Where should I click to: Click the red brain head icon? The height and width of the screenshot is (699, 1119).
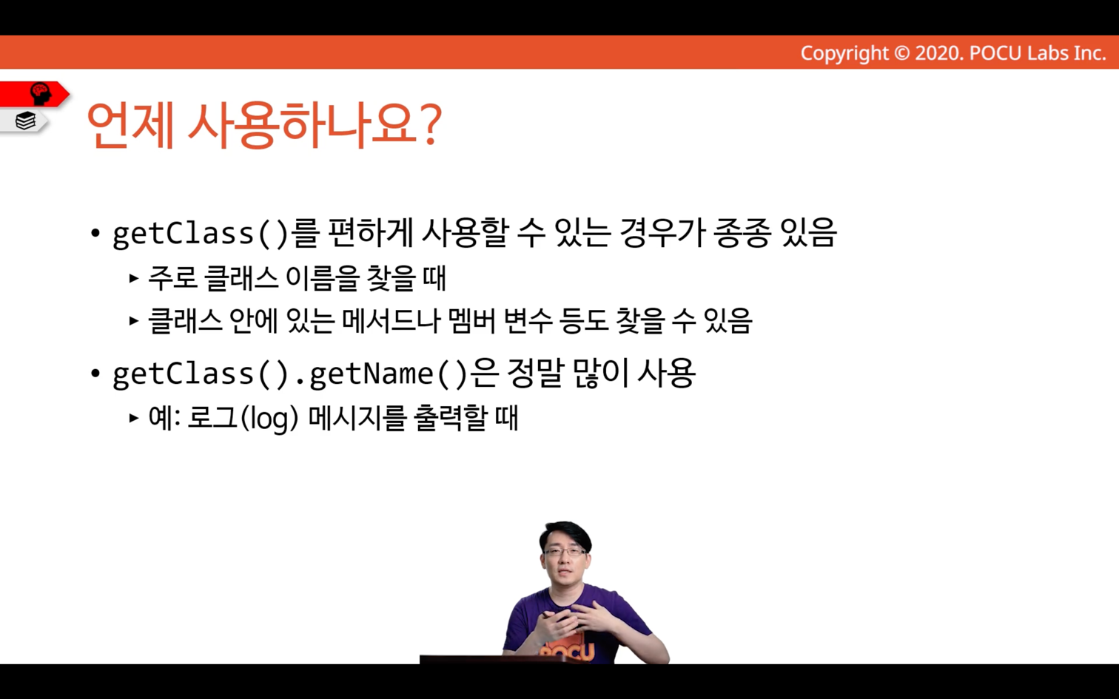point(41,94)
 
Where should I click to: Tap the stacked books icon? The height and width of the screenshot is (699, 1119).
point(25,121)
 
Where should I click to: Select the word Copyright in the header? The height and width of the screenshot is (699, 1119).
point(844,53)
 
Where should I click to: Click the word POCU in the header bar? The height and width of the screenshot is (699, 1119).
point(995,53)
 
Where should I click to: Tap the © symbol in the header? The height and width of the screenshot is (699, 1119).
point(901,53)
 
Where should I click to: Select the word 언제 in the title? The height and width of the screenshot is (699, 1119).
point(131,125)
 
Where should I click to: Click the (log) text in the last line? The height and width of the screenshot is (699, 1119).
point(269,418)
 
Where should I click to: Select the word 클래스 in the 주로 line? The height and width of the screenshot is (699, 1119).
point(241,278)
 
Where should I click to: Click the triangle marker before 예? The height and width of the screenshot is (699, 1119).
point(133,418)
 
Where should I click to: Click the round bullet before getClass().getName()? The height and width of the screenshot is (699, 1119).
point(95,374)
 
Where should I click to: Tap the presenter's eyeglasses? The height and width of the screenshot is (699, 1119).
point(566,552)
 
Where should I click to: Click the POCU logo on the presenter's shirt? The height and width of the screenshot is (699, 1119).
point(567,651)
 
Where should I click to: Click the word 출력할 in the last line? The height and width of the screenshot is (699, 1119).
point(450,418)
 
